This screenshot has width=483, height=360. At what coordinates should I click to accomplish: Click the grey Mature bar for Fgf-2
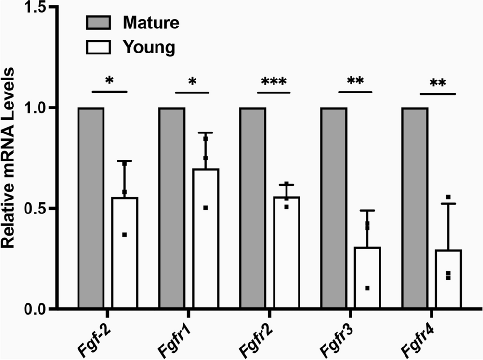[x=91, y=208]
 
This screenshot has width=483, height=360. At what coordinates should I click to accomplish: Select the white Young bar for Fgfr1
[x=206, y=239]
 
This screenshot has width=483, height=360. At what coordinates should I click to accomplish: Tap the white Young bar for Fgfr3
[x=367, y=277]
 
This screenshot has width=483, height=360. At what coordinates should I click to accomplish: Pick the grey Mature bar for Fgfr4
[x=414, y=208]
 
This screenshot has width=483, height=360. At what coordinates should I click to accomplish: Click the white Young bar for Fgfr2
[x=287, y=253]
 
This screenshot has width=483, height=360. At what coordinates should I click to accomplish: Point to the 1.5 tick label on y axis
[x=30, y=8]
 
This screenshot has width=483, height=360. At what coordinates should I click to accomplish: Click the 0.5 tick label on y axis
[x=30, y=209]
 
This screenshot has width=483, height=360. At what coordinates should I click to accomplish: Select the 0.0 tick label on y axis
[x=30, y=309]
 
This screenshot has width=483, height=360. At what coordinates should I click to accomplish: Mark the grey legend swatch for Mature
[x=98, y=22]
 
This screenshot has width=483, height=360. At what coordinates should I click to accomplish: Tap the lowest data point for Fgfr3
[x=367, y=288]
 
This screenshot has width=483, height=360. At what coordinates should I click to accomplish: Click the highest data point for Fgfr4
[x=448, y=197]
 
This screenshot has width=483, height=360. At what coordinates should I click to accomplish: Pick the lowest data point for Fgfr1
[x=205, y=208]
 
